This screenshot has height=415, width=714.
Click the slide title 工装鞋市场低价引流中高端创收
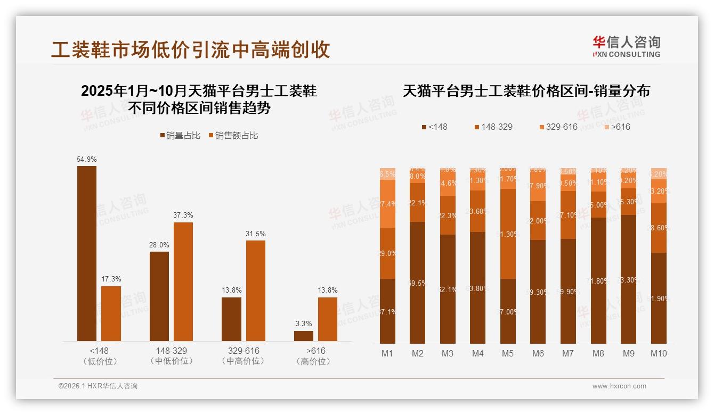[190, 49]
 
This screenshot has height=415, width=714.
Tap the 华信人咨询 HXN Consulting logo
[626, 46]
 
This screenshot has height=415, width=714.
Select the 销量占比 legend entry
[180, 136]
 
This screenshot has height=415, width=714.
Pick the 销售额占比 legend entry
[233, 136]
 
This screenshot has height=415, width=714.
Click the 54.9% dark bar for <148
[87, 253]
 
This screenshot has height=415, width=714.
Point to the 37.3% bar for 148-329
[183, 281]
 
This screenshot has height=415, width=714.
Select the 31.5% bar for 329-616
[255, 290]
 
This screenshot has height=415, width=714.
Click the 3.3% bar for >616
[304, 336]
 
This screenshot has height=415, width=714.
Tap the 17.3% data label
[111, 279]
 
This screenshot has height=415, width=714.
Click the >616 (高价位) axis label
[316, 355]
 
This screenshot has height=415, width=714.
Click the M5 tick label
[508, 353]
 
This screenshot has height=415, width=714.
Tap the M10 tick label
[659, 353]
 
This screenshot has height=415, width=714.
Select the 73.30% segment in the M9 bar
[628, 279]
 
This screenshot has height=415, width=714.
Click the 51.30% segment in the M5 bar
[508, 234]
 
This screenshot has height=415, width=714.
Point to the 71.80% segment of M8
[598, 280]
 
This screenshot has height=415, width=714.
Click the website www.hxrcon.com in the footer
[619, 386]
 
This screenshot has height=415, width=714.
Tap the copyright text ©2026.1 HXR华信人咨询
[98, 386]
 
